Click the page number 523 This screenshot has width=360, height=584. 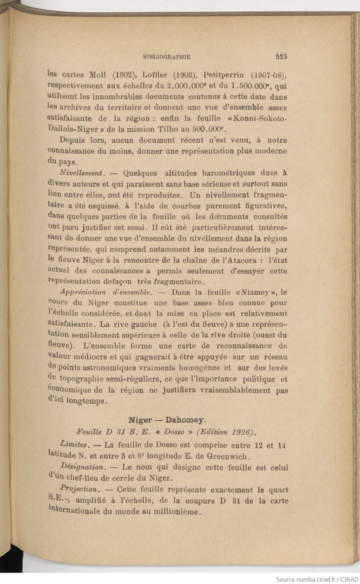(x=281, y=57)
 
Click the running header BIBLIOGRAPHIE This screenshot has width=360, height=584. (x=166, y=57)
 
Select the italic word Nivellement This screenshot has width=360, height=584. (x=81, y=173)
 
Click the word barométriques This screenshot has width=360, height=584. (x=229, y=173)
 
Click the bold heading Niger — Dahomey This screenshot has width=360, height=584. (x=167, y=420)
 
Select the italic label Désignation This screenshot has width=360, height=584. (x=82, y=467)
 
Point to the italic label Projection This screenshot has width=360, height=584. (x=79, y=489)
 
